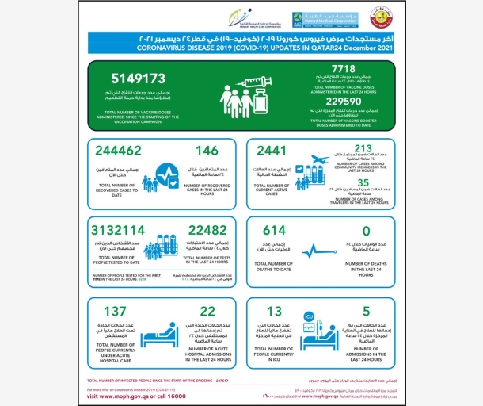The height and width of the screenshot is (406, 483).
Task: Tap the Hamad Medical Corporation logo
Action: coord(313,19)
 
